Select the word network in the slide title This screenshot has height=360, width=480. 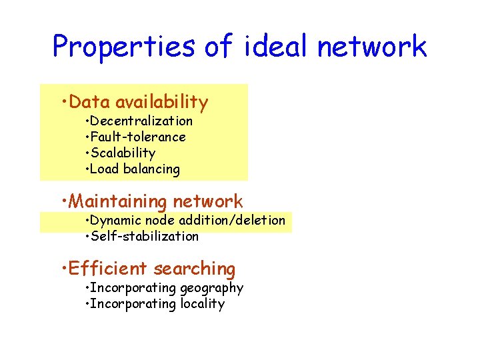(371, 47)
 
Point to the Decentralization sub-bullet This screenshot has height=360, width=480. (141, 121)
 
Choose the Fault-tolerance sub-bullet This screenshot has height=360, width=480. (137, 137)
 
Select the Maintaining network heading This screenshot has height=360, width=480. (156, 201)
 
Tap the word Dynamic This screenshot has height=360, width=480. (113, 221)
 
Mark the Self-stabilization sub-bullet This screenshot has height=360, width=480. (144, 237)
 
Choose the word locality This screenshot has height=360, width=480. (203, 305)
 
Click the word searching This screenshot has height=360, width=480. (195, 269)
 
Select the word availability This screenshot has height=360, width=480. (162, 102)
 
